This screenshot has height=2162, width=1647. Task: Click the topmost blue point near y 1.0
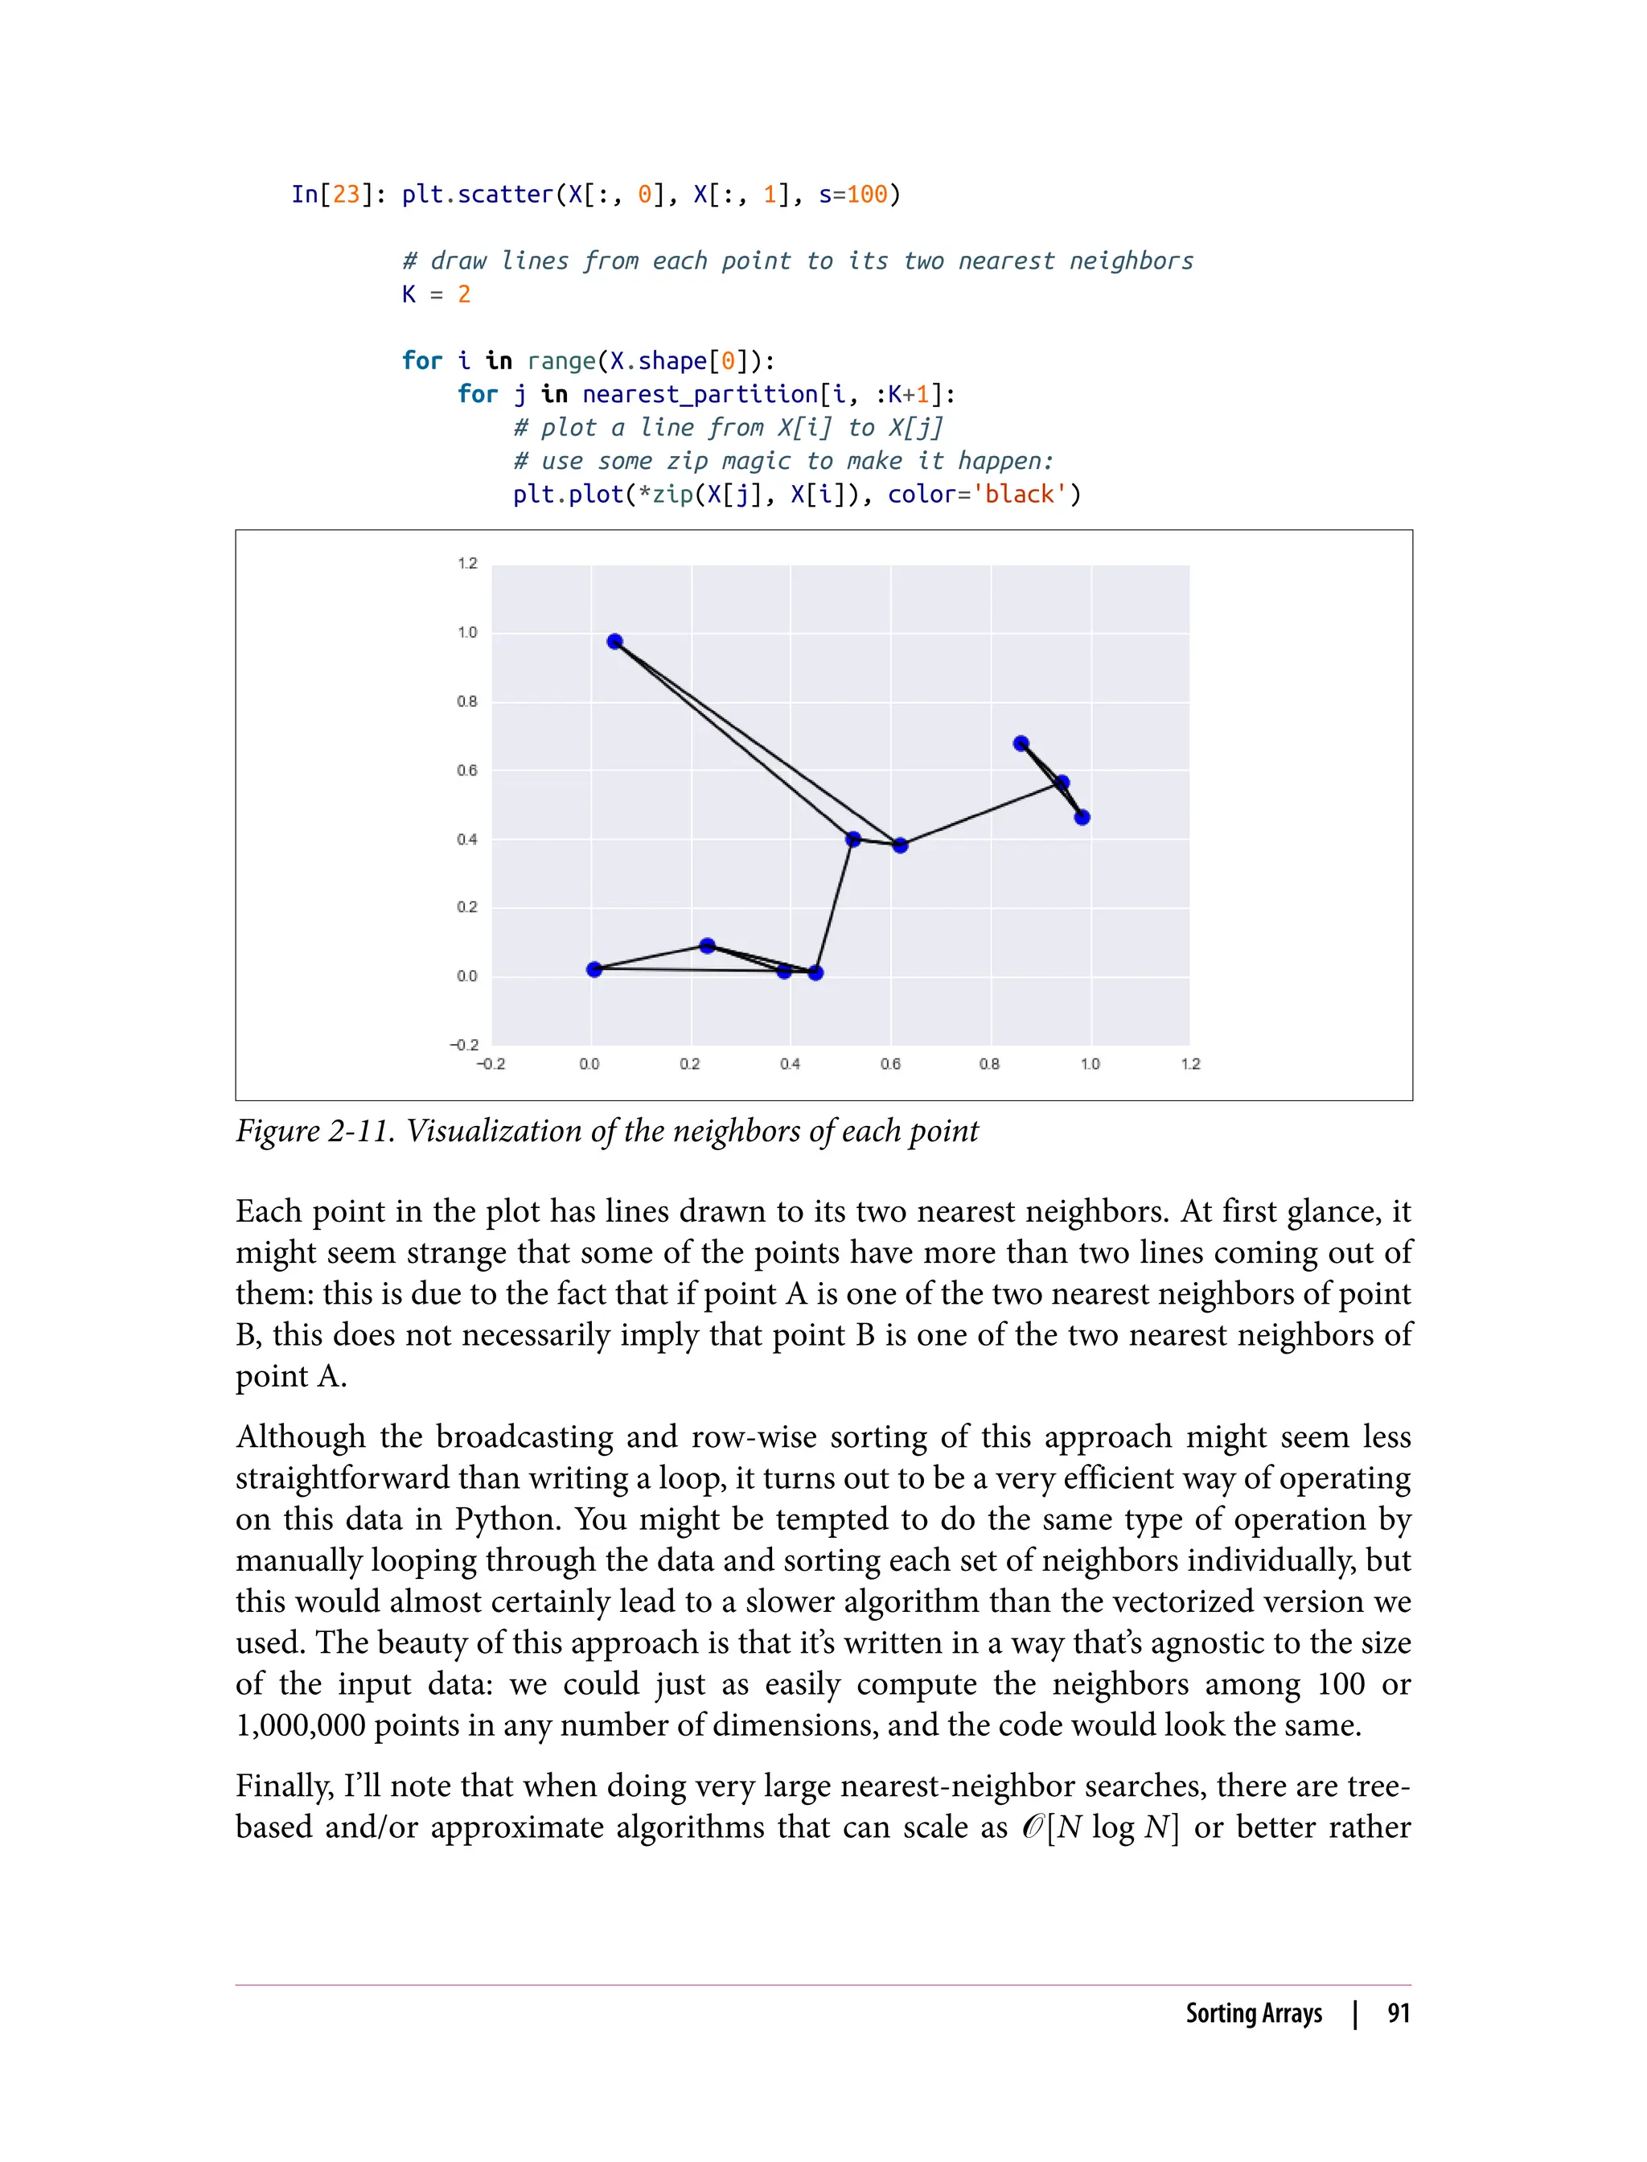point(614,641)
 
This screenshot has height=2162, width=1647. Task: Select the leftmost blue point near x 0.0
point(594,970)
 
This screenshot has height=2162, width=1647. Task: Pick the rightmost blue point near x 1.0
point(1082,816)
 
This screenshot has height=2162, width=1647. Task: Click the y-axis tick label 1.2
point(467,563)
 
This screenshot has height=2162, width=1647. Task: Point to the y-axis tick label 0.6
point(467,771)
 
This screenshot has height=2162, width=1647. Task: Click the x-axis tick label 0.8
point(989,1064)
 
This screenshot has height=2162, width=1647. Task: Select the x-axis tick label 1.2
point(1190,1064)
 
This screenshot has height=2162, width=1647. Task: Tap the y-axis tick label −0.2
point(464,1046)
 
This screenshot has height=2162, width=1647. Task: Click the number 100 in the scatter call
point(867,194)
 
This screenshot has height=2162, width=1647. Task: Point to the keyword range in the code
point(561,361)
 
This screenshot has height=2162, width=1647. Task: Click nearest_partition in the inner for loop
point(700,394)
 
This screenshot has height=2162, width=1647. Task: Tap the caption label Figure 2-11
point(314,1132)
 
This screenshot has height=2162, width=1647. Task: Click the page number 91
point(1399,2013)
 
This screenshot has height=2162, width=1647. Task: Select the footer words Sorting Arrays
point(1254,2013)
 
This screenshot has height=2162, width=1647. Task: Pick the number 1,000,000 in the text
point(300,1724)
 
